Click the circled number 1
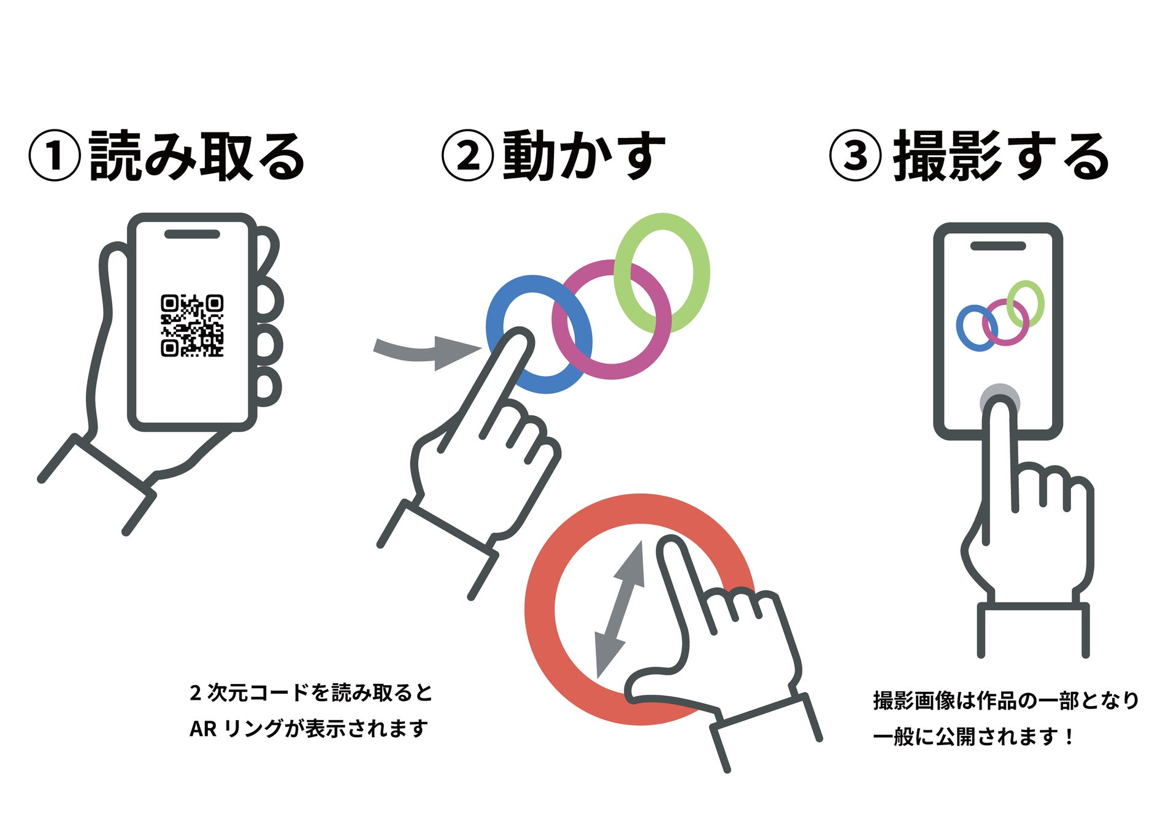pos(55,156)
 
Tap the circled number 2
pos(467,156)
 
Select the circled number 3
pos(856,156)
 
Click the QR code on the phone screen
pos(192,326)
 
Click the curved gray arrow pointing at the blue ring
pos(423,351)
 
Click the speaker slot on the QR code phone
pos(192,234)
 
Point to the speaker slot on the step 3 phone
pos(998,246)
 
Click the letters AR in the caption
pos(202,729)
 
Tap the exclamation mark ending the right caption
pos(1069,736)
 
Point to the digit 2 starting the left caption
pos(195,692)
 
